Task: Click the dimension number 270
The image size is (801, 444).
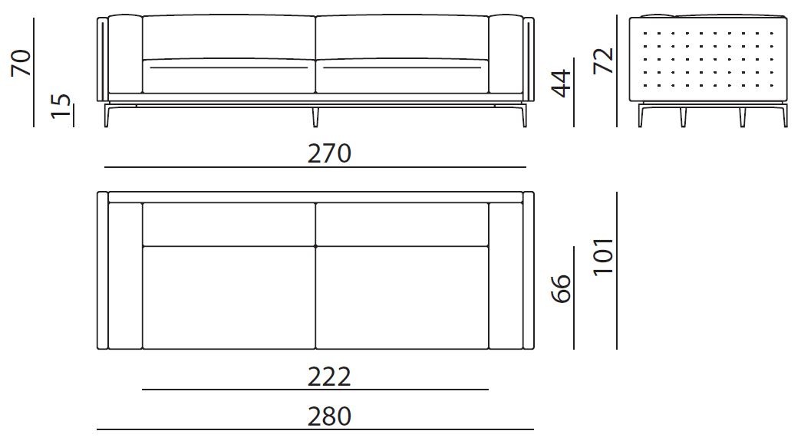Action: click(x=329, y=153)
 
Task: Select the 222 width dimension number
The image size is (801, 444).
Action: click(x=329, y=377)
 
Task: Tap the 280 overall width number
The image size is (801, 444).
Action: click(x=329, y=416)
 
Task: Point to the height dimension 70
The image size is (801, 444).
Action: click(x=21, y=63)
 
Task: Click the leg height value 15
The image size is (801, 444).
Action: click(x=61, y=106)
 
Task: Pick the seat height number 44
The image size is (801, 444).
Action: click(x=562, y=83)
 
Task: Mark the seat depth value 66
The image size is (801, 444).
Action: click(x=562, y=289)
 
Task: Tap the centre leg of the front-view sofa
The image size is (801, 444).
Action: click(x=315, y=117)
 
